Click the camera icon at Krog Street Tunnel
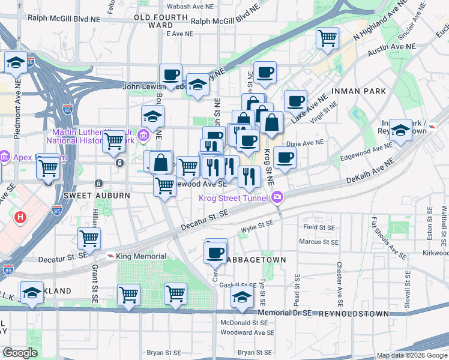point(277,196)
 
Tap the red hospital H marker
point(20,217)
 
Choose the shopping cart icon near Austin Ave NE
point(328,38)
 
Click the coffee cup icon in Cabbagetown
point(215,253)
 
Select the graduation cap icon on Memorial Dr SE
point(243,297)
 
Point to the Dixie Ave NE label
point(305,143)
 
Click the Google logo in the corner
point(20,353)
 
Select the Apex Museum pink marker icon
point(4,157)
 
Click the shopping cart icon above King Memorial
point(89,238)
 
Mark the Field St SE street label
point(319,227)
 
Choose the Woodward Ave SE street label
point(247,332)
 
